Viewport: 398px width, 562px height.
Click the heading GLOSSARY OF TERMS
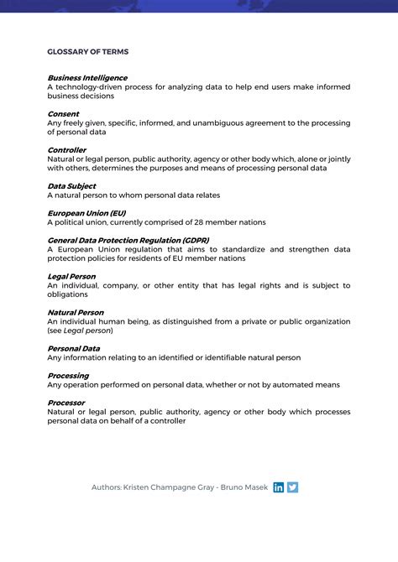tap(88, 51)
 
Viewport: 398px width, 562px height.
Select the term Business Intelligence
tap(87, 77)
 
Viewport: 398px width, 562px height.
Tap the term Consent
tap(63, 113)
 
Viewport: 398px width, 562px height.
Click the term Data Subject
tap(71, 186)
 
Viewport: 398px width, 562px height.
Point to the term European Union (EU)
tap(86, 213)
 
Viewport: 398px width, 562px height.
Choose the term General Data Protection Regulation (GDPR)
tap(128, 240)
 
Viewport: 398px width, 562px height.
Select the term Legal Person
tap(71, 276)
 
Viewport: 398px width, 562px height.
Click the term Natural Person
tap(76, 312)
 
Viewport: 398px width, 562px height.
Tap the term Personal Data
tap(74, 348)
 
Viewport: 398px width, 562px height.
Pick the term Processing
tap(68, 376)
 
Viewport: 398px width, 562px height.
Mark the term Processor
tap(65, 403)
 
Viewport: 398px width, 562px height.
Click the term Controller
tap(66, 150)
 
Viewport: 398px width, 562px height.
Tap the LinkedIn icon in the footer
tap(279, 487)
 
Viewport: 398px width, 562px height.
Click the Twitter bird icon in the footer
tap(292, 487)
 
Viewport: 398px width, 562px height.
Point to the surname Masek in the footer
tap(254, 487)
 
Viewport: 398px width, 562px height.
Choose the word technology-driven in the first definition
tap(88, 86)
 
